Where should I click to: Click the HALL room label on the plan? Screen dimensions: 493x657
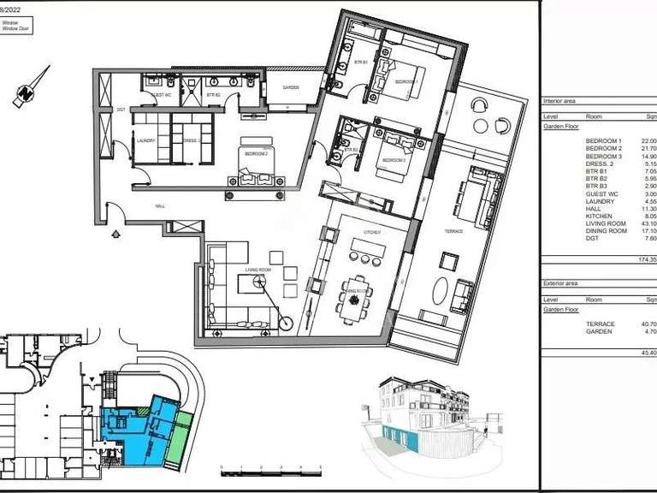pos(160,206)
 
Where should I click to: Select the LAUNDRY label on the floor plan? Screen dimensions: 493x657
pos(145,142)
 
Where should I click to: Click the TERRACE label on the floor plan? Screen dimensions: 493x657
pos(454,207)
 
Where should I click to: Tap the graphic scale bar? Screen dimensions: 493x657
pos(270,469)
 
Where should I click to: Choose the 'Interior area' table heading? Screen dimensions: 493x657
pos(561,101)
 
